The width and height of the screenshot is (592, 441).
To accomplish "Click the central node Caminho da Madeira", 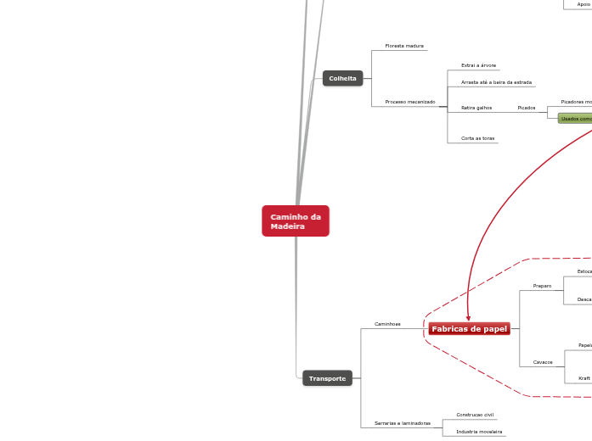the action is point(296,221).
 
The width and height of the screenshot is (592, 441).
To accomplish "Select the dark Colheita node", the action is point(342,78).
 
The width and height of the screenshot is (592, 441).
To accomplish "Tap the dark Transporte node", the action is point(327,378).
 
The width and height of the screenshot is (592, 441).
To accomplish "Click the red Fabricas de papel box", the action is point(469,328).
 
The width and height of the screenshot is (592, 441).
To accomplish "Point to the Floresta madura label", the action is point(404,46).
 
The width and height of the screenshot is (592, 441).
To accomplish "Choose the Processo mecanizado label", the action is point(409,102).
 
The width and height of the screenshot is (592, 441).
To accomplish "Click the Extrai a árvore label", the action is point(478,65).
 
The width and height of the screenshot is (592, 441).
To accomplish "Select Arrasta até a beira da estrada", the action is point(496,82).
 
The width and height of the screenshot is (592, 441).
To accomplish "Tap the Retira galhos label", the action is point(476,108).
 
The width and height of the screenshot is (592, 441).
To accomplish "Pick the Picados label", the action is point(527,108).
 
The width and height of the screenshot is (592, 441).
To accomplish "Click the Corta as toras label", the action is point(477,137).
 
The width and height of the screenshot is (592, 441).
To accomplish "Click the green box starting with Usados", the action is point(576,119).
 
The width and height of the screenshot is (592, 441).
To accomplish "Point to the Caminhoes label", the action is point(387,324).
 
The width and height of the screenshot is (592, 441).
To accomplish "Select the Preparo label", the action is point(542,286).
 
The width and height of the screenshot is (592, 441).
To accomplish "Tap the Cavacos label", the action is point(543,362).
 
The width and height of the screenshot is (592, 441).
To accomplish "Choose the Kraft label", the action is point(584,378).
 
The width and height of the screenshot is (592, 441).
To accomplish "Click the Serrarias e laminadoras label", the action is point(403,422).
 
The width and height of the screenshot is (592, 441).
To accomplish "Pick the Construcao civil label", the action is point(475,415).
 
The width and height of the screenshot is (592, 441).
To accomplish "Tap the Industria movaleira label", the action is point(479,432).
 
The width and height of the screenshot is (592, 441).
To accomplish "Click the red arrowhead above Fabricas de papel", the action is point(468,317).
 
